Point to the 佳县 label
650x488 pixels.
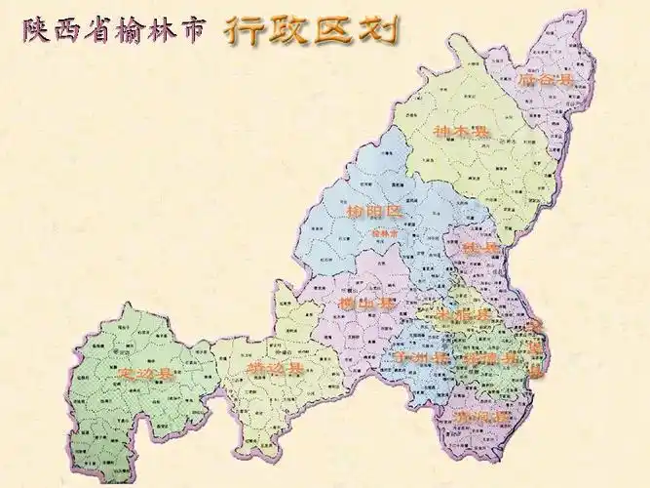tap(479, 249)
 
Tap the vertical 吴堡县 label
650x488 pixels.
tap(534, 346)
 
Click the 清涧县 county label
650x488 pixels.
tap(480, 417)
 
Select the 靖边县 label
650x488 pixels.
tap(275, 369)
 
